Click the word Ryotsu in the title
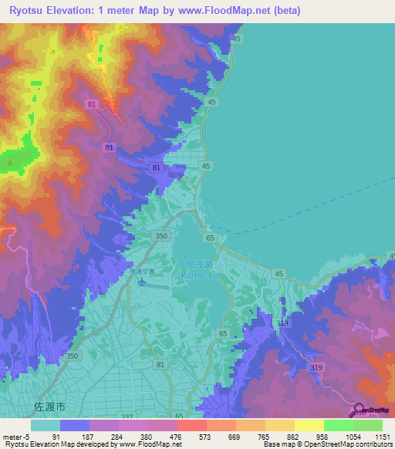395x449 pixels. [x=26, y=10]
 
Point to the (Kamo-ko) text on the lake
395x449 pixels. [x=199, y=275]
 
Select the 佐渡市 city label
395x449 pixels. [x=47, y=405]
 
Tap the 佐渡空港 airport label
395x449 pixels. [x=142, y=271]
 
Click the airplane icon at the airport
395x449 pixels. [x=141, y=282]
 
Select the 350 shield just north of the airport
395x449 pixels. [x=160, y=236]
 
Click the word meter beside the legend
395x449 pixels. [x=13, y=437]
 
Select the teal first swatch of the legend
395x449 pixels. [x=46, y=425]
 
